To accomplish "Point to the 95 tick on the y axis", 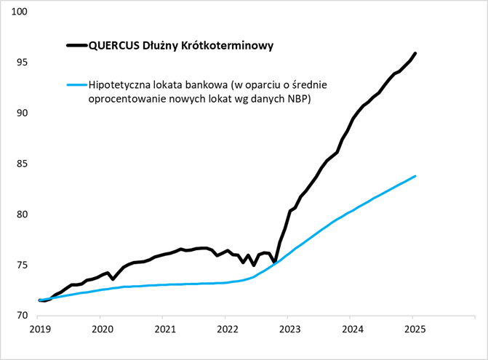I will pos(22,63).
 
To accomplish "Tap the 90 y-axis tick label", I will pos(22,113).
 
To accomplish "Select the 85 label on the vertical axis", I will pos(22,164).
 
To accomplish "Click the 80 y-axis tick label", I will pos(22,215).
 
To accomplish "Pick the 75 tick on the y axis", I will pos(22,265).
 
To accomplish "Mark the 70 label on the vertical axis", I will pos(22,316).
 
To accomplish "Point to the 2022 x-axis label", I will pos(225,329).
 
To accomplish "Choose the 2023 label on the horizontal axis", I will pos(288,329).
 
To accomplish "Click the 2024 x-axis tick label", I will pos(351,329).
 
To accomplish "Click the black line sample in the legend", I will pos(76,45).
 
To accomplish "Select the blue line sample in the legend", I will pos(76,84).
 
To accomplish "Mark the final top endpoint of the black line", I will pos(415,53).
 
